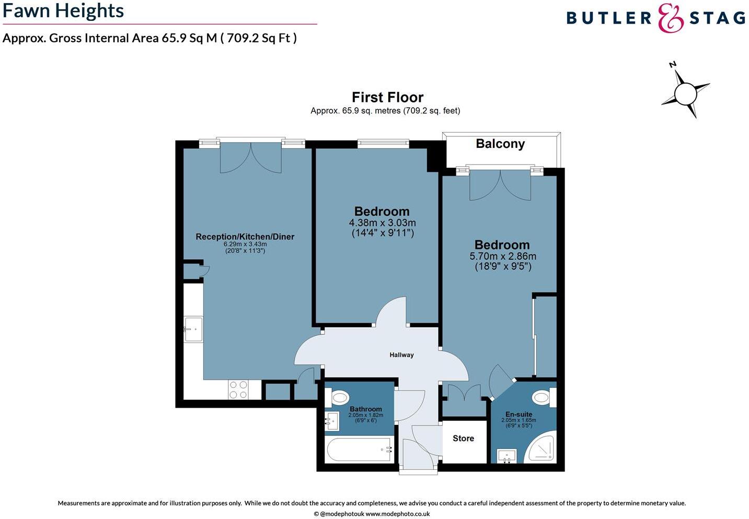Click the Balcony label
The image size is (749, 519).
click(500, 144)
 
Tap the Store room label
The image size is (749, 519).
click(463, 439)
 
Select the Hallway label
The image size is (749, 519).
click(401, 355)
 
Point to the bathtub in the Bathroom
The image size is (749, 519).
click(359, 450)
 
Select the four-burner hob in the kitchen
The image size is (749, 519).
click(238, 389)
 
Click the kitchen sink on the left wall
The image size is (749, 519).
click(193, 329)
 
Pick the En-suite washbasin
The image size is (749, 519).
click(506, 456)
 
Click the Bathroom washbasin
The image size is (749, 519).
click(331, 420)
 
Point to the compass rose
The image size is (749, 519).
click(685, 94)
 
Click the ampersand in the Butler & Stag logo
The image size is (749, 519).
click(671, 19)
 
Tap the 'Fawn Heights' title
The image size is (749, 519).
click(63, 11)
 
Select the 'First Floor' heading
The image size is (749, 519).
click(387, 97)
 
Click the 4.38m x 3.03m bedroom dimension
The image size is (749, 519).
click(382, 223)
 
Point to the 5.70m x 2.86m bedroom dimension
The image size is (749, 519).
click(502, 256)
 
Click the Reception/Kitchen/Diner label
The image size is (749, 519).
click(245, 237)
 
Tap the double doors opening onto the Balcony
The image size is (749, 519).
click(500, 185)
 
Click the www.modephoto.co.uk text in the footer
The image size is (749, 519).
click(397, 514)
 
